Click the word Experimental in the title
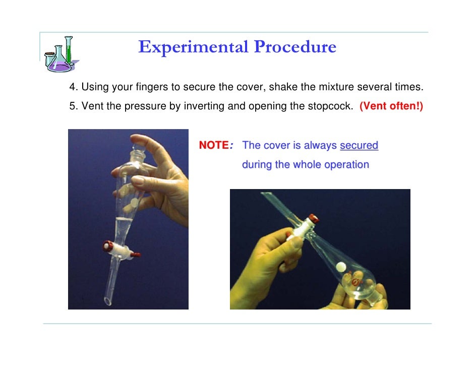(193, 47)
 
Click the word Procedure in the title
(295, 47)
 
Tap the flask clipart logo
(61, 54)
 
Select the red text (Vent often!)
(391, 106)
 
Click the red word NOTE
(214, 145)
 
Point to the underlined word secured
(359, 145)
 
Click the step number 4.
(72, 87)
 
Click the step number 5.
(72, 106)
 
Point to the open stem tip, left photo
(108, 301)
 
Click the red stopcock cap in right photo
(314, 218)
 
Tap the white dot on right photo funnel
(341, 267)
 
